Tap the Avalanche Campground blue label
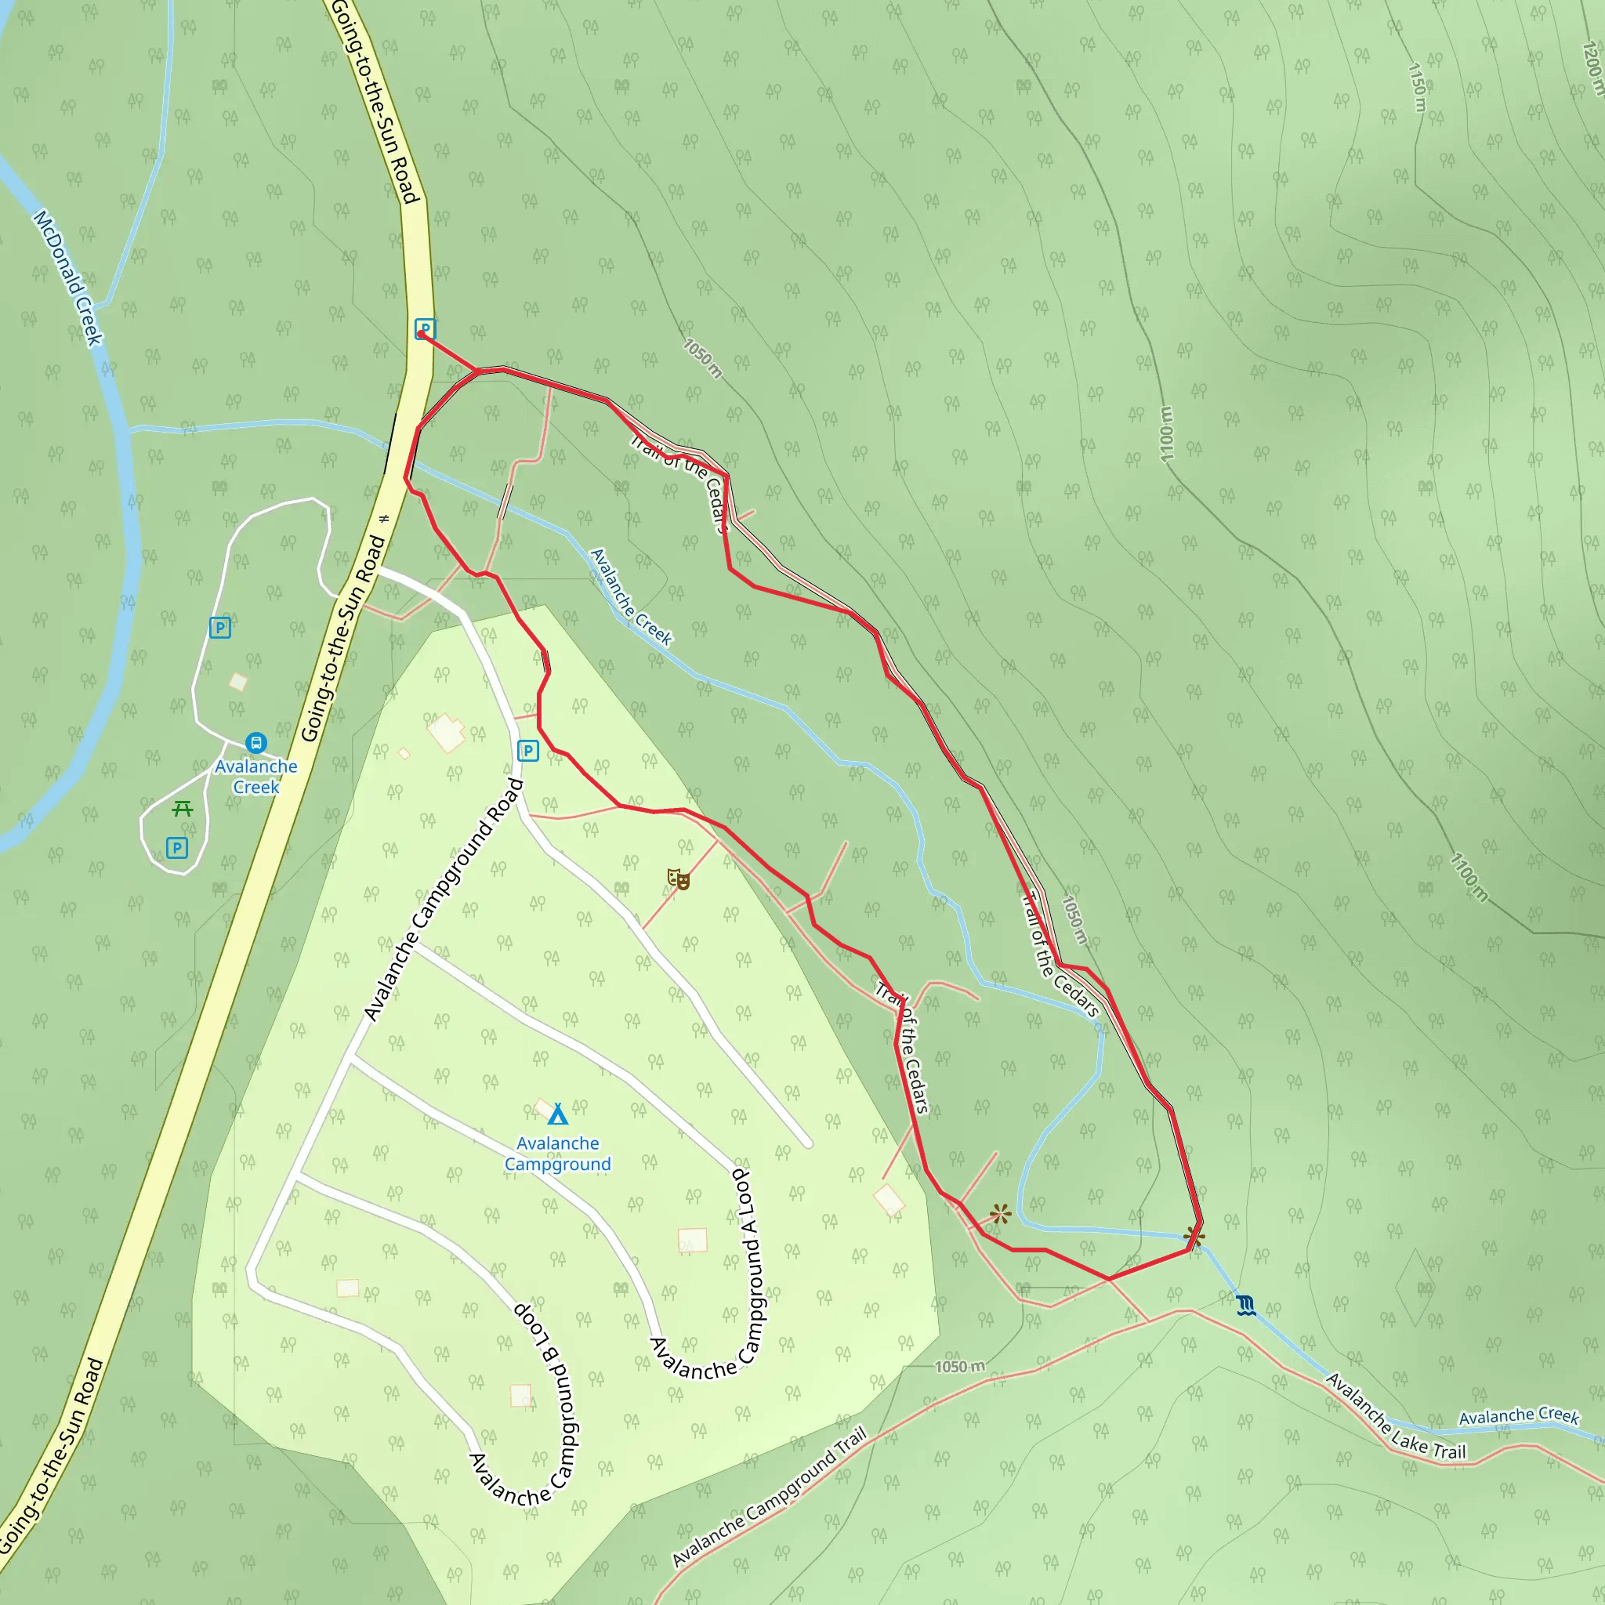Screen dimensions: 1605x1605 click(557, 1154)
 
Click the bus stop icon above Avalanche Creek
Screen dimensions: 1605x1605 click(255, 742)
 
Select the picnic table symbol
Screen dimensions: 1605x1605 click(183, 808)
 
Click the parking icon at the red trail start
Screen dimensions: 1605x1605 click(426, 329)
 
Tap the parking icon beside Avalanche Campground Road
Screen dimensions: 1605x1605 click(527, 751)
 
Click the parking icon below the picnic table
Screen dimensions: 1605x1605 click(177, 847)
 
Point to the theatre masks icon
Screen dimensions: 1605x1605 click(678, 879)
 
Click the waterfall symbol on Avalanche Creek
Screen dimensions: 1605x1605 click(1245, 1305)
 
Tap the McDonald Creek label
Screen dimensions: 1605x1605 click(68, 277)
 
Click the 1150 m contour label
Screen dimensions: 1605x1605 click(1417, 87)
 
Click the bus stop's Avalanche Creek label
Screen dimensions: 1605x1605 click(255, 777)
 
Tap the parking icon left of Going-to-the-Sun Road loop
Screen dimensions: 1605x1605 click(220, 627)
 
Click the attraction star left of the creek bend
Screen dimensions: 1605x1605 click(1000, 1215)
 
